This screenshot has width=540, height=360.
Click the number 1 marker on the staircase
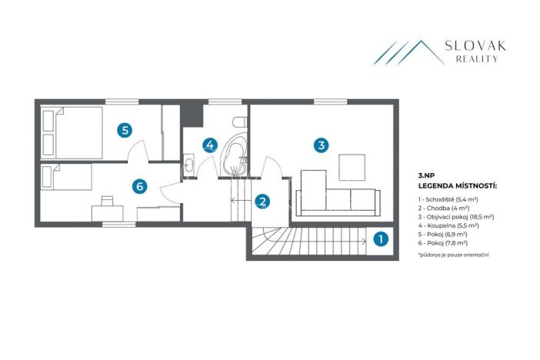[379, 239]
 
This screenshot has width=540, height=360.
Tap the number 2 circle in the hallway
[263, 202]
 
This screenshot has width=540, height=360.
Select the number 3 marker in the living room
[322, 144]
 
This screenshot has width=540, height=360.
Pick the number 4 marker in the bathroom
[210, 145]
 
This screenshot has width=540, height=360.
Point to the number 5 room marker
[125, 130]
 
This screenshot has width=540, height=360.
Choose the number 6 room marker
[139, 185]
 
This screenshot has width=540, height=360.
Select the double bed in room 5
[73, 132]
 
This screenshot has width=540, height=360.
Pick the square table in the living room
[352, 166]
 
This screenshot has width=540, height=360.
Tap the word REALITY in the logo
[476, 59]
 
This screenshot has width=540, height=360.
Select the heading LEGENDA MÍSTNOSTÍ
[457, 186]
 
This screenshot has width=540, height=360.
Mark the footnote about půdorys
[454, 254]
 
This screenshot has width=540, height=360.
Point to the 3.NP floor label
[428, 176]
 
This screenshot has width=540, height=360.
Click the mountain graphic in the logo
[407, 52]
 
